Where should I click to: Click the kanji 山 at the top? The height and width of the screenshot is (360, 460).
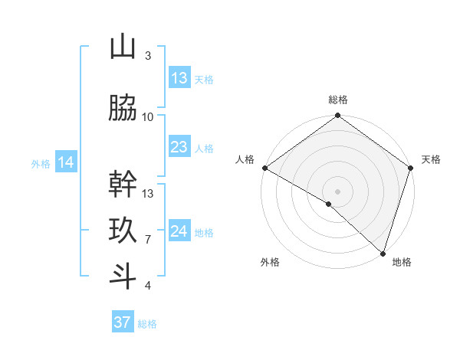click(123, 47)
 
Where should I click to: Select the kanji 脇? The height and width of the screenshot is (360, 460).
click(123, 109)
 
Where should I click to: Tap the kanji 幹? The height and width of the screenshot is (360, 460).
click(123, 185)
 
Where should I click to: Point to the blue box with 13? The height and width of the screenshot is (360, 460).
click(179, 78)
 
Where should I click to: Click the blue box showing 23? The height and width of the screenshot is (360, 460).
click(179, 147)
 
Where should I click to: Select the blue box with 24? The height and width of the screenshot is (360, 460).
click(179, 231)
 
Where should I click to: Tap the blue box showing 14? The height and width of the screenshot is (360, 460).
click(66, 162)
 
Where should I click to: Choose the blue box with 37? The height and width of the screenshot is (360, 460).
click(123, 322)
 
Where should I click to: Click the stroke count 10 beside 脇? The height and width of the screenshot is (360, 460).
click(148, 117)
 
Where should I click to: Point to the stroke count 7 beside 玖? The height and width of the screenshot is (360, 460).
click(148, 240)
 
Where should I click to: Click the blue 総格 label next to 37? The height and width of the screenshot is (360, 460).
click(147, 324)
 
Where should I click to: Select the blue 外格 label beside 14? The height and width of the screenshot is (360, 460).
click(41, 163)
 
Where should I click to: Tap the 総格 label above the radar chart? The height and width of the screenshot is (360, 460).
click(338, 100)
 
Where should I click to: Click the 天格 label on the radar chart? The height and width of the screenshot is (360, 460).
click(431, 159)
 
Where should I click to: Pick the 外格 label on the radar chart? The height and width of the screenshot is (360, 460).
click(270, 262)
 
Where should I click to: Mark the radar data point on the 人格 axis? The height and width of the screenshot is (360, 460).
click(264, 168)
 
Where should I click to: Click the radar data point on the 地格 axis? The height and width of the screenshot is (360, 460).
click(383, 253)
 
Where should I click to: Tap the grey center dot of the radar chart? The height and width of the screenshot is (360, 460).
click(337, 191)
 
